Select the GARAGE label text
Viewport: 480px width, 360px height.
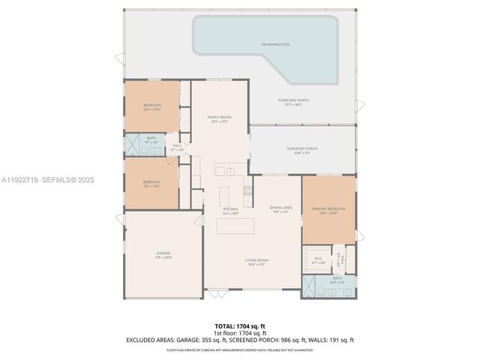click(164, 254)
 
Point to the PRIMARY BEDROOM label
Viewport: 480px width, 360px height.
click(328, 208)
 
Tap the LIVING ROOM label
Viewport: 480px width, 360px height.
click(256, 260)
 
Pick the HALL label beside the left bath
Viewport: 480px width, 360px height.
click(177, 145)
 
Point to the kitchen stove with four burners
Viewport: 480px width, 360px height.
click(248, 190)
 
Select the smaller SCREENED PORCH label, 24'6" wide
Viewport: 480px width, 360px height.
click(302, 148)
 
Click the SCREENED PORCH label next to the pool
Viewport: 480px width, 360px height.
click(293, 100)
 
